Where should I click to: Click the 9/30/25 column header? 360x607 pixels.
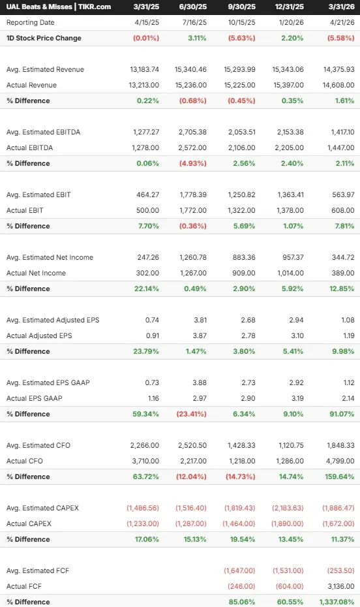[242, 7]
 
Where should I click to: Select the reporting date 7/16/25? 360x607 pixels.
[194, 22]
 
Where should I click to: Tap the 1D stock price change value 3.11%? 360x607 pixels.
[197, 38]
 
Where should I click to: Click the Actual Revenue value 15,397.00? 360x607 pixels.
[288, 85]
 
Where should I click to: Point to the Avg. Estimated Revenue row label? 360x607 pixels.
[45, 69]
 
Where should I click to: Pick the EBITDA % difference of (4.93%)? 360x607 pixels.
[192, 163]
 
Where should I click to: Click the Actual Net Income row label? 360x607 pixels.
[36, 273]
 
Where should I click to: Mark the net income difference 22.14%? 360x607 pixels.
[147, 288]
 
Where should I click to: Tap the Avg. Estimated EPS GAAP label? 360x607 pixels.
[48, 382]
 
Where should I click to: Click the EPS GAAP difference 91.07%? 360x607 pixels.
[342, 414]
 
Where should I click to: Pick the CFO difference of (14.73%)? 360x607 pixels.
[241, 476]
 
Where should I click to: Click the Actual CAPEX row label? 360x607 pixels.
[29, 523]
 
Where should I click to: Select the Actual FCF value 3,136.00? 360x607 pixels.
[341, 586]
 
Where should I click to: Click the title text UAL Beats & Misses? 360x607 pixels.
[39, 7]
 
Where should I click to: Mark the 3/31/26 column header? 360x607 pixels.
[342, 7]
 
